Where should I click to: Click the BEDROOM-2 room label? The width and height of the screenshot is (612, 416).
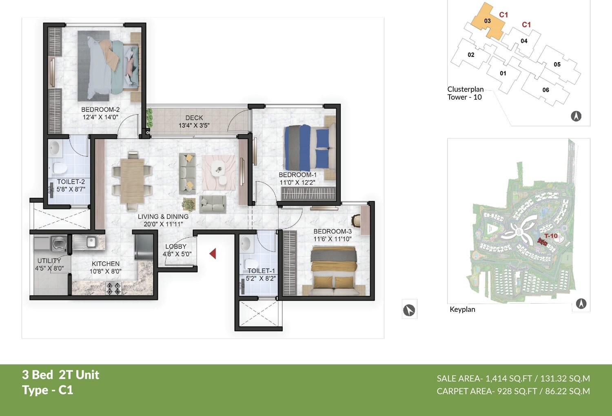point(100,110)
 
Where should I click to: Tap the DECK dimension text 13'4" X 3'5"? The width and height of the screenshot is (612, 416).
point(194,125)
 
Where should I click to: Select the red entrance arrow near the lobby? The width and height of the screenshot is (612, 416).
point(213,254)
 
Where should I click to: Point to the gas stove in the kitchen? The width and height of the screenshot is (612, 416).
point(114,288)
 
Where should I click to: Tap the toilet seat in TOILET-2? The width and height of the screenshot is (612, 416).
point(60,168)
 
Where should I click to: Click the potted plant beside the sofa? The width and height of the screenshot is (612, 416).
point(188,204)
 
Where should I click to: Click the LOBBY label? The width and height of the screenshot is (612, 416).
point(176,246)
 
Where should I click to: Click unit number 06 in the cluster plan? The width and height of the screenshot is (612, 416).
point(545,90)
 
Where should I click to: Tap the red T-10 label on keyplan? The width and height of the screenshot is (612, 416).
point(551,236)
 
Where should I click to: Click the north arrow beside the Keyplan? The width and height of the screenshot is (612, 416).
point(581,304)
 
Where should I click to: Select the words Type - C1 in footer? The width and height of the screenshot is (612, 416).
point(48,390)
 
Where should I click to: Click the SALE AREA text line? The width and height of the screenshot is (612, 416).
point(513,378)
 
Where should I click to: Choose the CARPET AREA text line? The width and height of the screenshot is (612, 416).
point(513,391)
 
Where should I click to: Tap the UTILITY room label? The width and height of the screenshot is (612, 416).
point(49,261)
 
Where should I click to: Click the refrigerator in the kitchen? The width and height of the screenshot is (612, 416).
point(144,246)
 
